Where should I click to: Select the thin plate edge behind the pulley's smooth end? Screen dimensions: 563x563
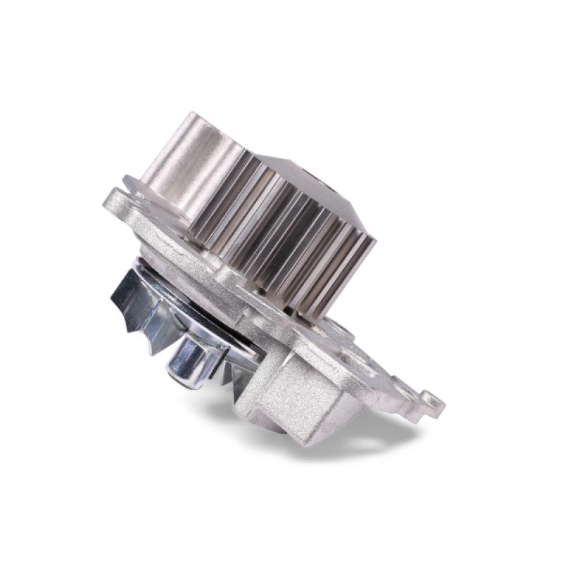click(x=134, y=184)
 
